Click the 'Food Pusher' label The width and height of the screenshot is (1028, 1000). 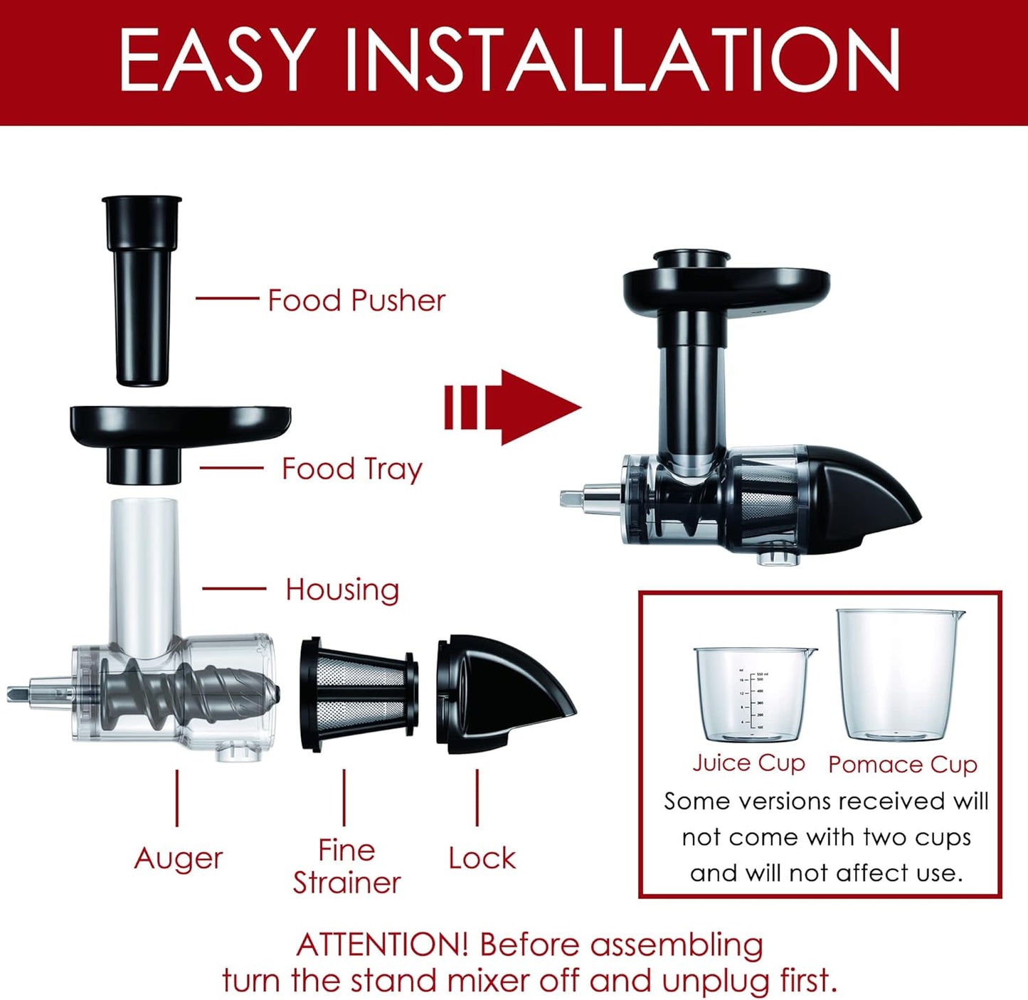tap(356, 300)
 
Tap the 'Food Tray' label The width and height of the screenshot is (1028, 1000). tap(352, 469)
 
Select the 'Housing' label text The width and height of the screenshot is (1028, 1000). tap(342, 590)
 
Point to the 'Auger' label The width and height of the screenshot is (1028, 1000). tap(179, 858)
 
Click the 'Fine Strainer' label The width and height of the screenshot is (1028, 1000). tap(346, 866)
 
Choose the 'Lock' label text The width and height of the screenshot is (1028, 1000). tap(482, 858)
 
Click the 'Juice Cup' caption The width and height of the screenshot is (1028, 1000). tap(748, 763)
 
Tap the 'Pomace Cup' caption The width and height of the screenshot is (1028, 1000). tap(902, 765)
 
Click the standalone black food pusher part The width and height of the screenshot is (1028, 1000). tap(142, 292)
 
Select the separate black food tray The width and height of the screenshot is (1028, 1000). tap(178, 434)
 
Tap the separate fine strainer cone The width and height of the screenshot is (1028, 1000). tap(359, 693)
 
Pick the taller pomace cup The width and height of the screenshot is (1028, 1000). tap(899, 676)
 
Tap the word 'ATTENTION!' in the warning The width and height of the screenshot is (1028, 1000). tap(382, 945)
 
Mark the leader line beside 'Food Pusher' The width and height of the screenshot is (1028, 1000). tap(227, 299)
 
